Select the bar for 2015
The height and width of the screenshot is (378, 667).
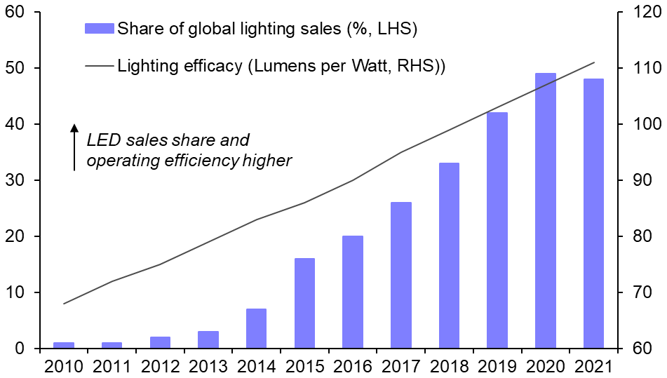point(304,303)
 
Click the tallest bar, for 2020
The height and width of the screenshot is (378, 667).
point(545,210)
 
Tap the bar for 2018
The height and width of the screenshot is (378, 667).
point(449,255)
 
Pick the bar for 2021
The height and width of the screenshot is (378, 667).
point(593,213)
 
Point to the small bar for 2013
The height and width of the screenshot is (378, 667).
point(208,339)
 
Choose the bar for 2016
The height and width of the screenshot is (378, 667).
point(353,292)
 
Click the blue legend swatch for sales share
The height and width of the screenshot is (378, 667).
point(100,29)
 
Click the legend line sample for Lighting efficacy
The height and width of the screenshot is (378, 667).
point(100,66)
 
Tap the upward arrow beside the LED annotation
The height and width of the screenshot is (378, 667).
point(74,147)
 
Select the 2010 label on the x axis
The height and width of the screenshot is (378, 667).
point(64,366)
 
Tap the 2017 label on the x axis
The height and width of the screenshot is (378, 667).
point(400,366)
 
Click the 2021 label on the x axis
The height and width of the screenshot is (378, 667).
point(593,366)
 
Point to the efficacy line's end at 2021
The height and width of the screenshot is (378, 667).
point(593,62)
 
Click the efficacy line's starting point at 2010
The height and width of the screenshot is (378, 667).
point(64,304)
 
